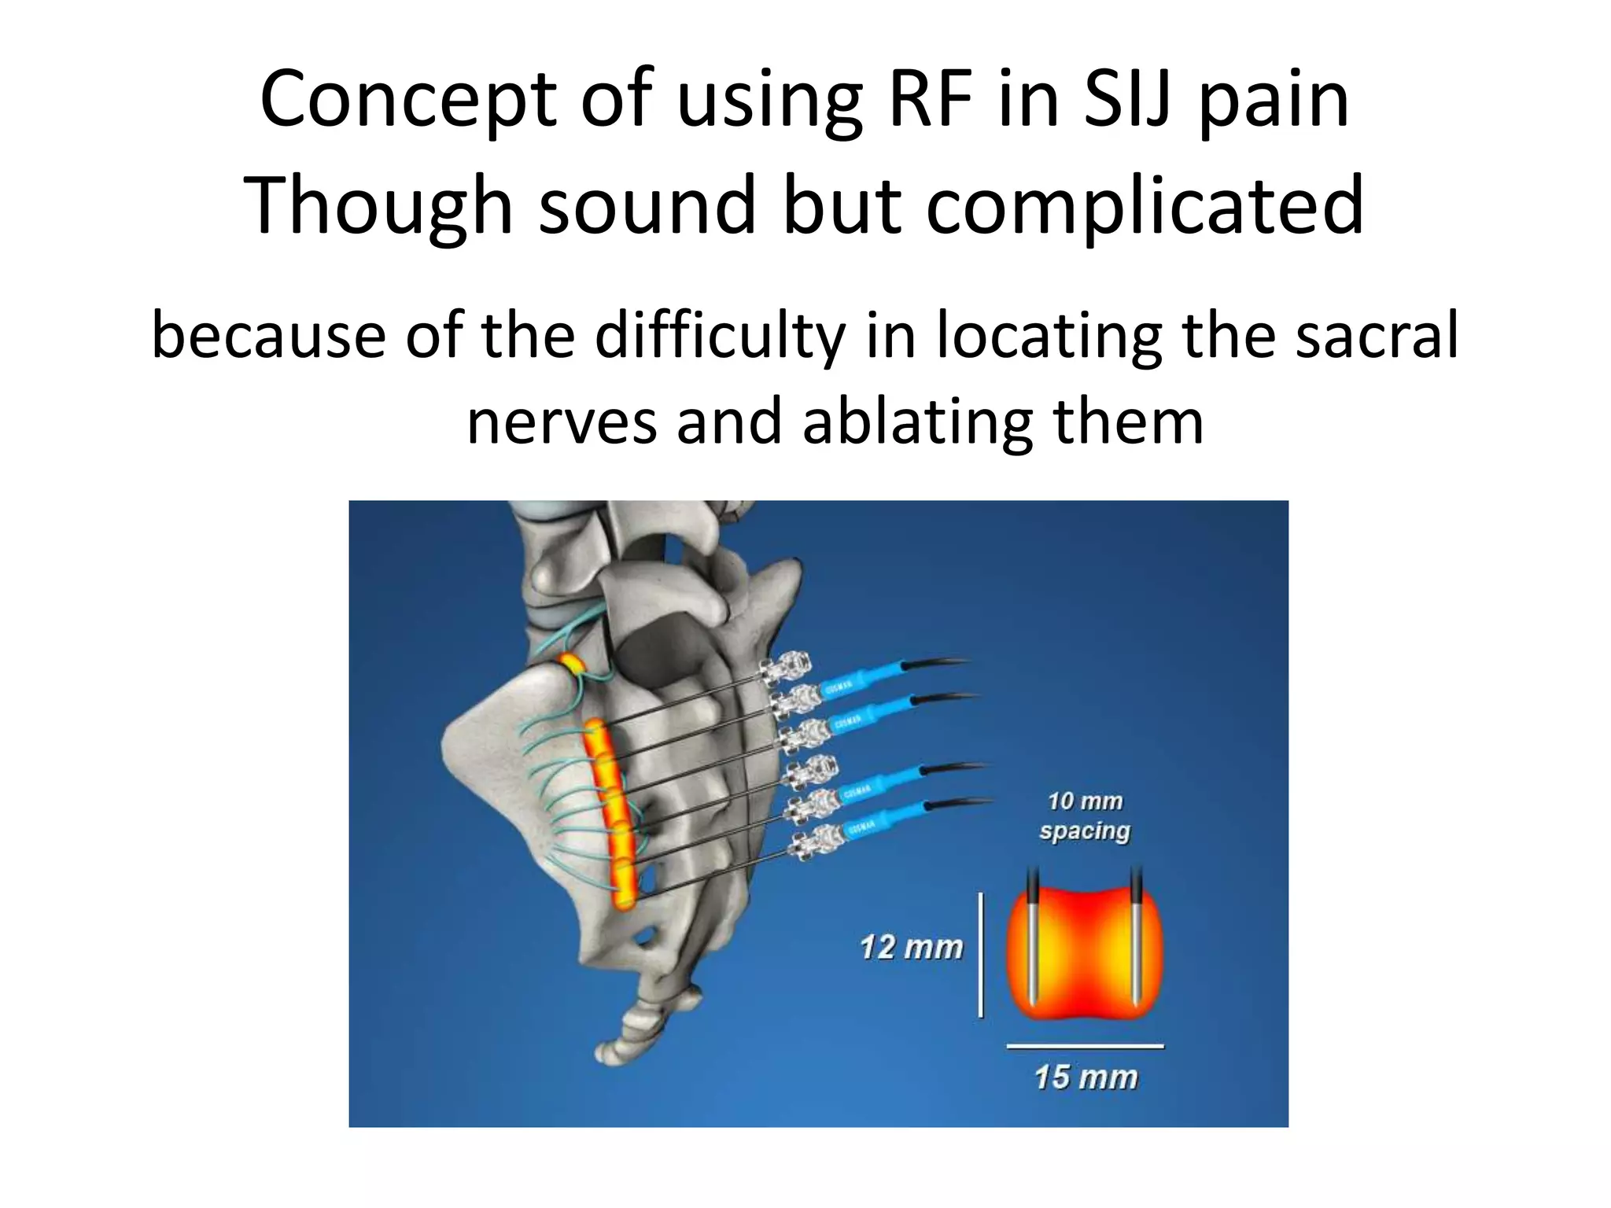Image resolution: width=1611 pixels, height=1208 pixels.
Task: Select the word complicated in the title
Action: point(1145,206)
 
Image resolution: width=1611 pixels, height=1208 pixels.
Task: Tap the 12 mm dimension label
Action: point(911,948)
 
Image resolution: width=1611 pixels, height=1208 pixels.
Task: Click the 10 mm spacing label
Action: point(1085,816)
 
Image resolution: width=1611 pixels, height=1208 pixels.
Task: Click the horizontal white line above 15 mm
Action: point(1085,1046)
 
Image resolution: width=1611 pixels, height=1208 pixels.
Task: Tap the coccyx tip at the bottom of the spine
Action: point(609,1051)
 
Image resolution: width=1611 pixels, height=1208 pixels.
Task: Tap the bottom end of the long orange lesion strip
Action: point(625,900)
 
